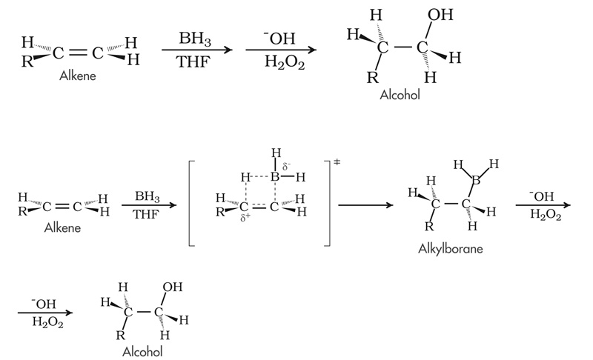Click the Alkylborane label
point(451,249)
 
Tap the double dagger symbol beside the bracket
point(337,162)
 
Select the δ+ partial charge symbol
point(244,219)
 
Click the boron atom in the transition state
point(275,178)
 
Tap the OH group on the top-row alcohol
point(439,15)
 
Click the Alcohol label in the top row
point(400,96)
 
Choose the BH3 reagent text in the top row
point(195,38)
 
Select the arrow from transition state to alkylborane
point(365,204)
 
